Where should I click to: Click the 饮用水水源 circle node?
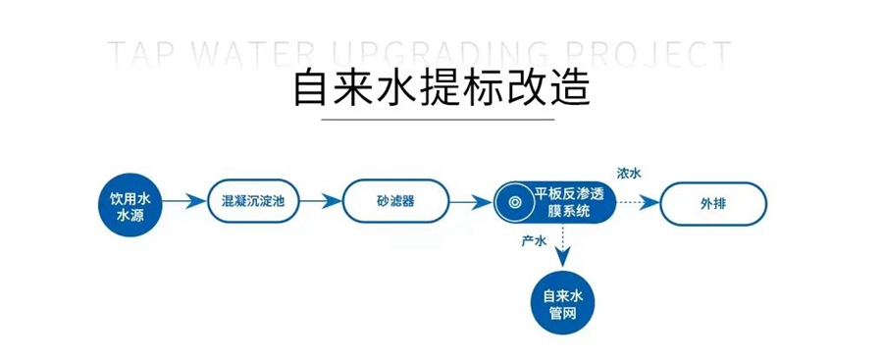tap(130, 204)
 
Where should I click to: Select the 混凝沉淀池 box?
tap(253, 201)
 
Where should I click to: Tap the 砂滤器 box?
tap(396, 201)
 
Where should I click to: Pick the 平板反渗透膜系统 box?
tap(555, 202)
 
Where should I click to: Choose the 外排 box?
tap(713, 203)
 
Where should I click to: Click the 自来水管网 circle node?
tap(562, 304)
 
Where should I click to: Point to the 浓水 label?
tap(629, 173)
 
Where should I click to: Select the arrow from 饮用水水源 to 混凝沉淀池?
tap(184, 201)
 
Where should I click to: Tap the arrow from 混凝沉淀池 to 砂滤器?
tap(321, 201)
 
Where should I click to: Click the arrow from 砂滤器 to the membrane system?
tap(472, 202)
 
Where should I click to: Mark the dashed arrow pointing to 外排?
tap(639, 202)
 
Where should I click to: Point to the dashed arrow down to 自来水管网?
tap(562, 245)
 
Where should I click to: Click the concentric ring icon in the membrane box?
tap(514, 202)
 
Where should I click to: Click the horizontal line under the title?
tap(439, 120)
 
